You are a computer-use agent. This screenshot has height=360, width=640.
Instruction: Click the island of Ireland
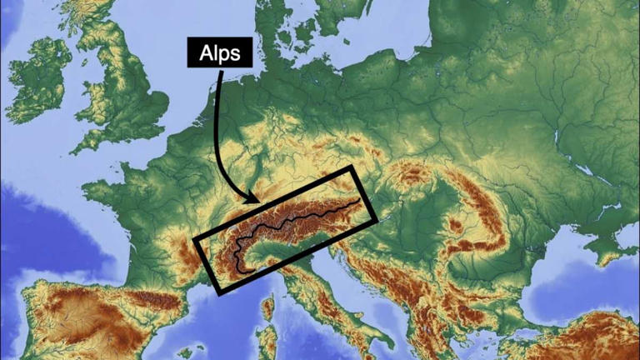pyautogui.click(x=37, y=79)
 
